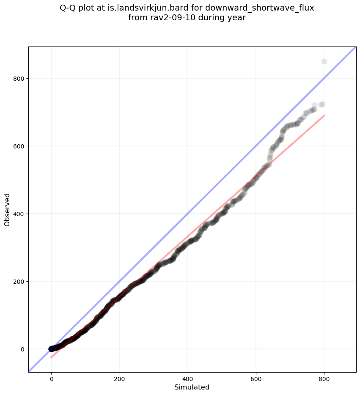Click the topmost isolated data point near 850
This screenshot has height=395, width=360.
click(x=324, y=61)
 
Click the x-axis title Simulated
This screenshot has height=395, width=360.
click(x=192, y=387)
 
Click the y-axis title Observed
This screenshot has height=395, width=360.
click(x=7, y=209)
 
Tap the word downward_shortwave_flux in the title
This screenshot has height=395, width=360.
click(x=260, y=8)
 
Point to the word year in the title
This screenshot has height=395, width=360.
click(x=237, y=18)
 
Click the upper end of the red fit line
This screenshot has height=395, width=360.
click(x=324, y=115)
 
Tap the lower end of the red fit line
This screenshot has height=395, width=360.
click(x=51, y=357)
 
